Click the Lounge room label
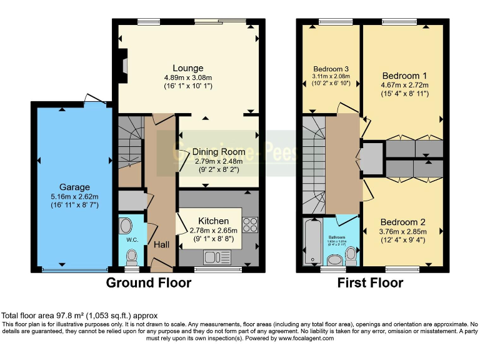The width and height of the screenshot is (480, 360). (x=188, y=68)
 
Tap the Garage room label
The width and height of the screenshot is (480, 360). (x=74, y=187)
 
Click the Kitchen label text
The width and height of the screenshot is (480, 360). (x=213, y=221)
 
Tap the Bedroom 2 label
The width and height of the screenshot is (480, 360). (x=404, y=222)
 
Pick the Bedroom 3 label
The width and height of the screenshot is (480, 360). (x=331, y=69)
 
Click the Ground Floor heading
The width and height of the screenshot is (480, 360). (x=149, y=282)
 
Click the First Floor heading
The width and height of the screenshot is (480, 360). (x=370, y=282)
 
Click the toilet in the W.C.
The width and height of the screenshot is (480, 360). (x=131, y=257)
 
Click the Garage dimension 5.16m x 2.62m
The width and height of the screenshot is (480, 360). (x=74, y=197)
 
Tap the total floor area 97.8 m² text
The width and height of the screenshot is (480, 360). (x=80, y=316)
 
